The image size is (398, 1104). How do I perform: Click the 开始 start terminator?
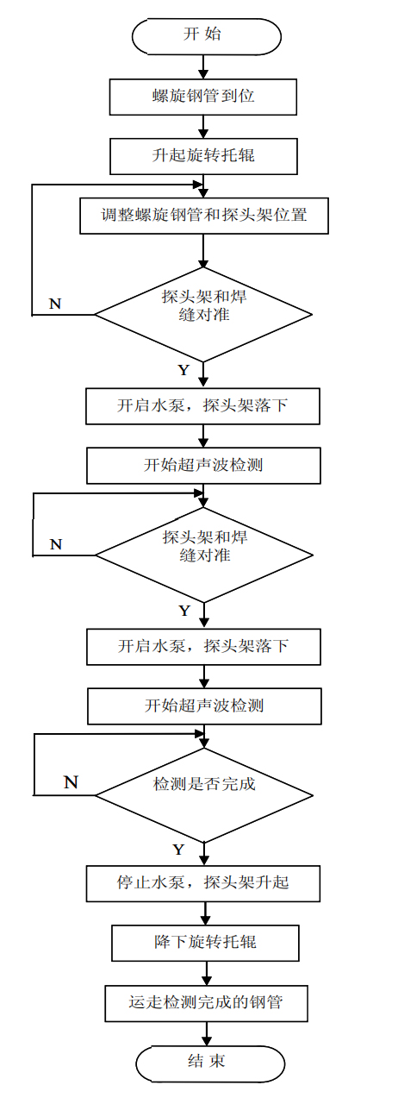[x=206, y=34]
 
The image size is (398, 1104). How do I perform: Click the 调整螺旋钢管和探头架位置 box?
[x=203, y=216]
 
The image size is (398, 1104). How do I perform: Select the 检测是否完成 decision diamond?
[x=204, y=785]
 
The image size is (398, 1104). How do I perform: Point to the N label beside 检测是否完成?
[x=72, y=781]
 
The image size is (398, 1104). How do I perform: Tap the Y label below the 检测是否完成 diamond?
[x=177, y=850]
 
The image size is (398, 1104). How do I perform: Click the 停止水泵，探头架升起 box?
[x=204, y=883]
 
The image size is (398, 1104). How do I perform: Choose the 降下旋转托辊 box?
[x=204, y=944]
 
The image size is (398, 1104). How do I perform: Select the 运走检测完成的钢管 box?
[x=204, y=1003]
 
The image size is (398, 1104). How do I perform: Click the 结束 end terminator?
[x=209, y=1062]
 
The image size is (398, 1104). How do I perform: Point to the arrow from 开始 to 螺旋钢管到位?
[x=203, y=66]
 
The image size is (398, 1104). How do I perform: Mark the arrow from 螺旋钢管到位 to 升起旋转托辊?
[x=203, y=127]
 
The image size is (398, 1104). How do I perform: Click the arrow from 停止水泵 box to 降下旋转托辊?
[x=204, y=913]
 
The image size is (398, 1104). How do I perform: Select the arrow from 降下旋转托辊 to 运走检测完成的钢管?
[x=204, y=974]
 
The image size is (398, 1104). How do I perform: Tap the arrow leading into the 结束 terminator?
[x=205, y=1032]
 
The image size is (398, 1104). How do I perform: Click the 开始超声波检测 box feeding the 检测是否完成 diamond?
[x=204, y=706]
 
